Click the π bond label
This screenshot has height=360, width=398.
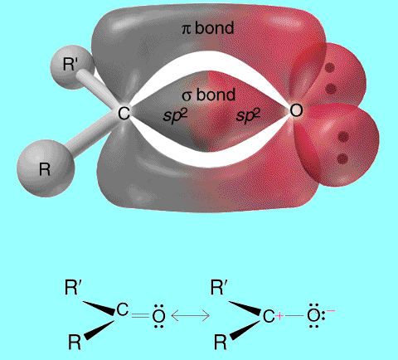coord(208,28)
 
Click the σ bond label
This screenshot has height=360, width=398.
coord(209,95)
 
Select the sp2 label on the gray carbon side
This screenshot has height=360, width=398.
coord(175,115)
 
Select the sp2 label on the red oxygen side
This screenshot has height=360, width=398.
coord(248,115)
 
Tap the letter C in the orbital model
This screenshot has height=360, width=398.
coord(124,113)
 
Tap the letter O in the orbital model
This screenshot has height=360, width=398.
coord(296,110)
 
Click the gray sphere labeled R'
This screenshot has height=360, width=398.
coord(72,66)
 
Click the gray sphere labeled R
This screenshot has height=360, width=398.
coord(46,168)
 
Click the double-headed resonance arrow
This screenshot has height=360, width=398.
coord(191,315)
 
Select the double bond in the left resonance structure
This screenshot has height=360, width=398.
coord(141,315)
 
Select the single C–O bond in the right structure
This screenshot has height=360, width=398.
coord(294,315)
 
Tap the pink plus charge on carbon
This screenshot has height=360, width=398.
coord(279,316)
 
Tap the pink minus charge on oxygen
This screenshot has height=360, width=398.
coord(331,311)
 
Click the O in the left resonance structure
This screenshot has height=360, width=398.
coord(159,316)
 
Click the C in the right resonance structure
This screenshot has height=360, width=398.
coord(269,316)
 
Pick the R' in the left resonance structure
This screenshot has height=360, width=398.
coord(73,287)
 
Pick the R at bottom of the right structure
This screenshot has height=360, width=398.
coord(221,342)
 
